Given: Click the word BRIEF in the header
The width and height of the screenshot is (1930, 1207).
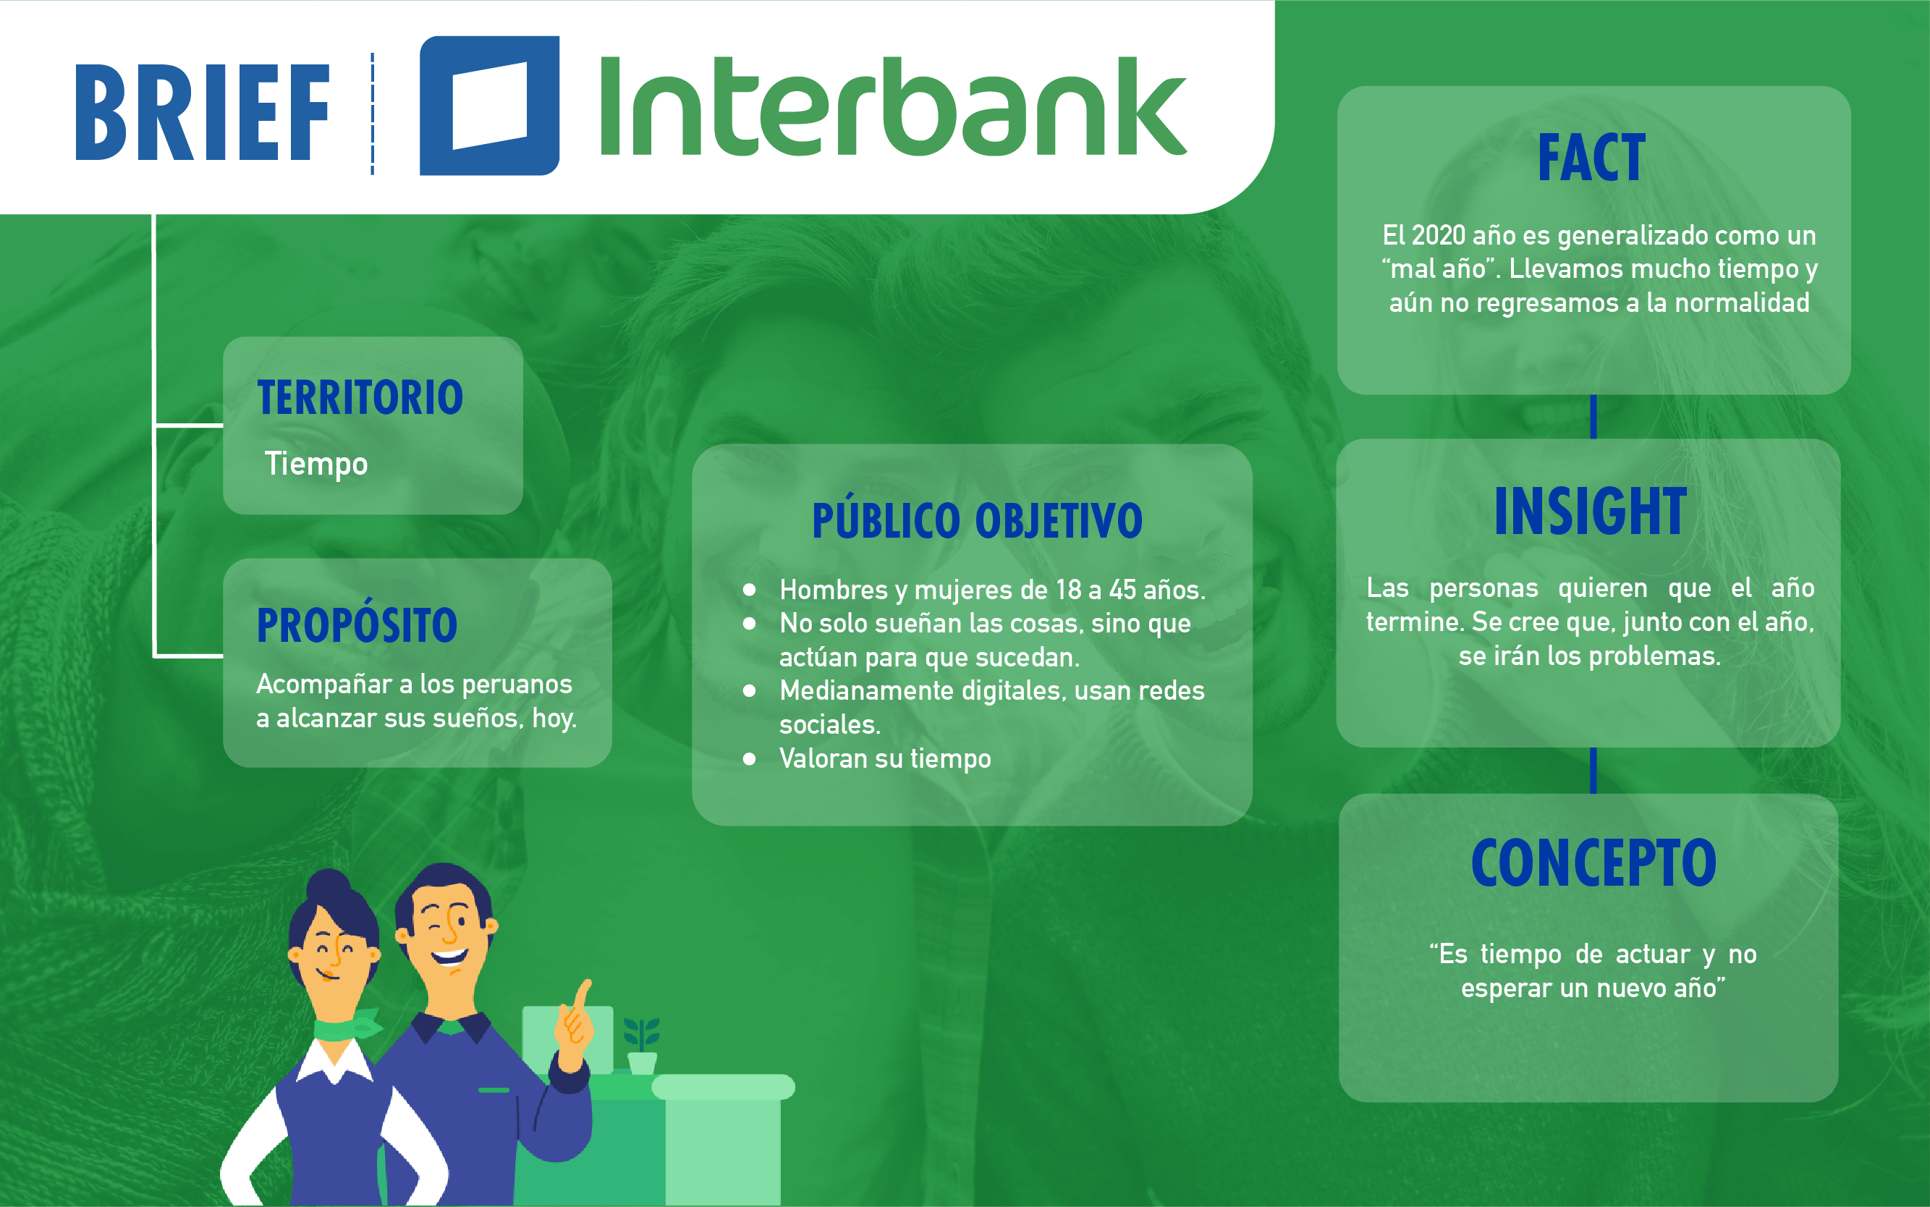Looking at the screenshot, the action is click(202, 113).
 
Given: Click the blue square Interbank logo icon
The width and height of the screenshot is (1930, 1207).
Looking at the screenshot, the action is click(489, 106).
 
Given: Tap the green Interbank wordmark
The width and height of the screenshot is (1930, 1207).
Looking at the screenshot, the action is click(893, 106).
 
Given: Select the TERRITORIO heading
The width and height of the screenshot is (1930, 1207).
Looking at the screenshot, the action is click(360, 397).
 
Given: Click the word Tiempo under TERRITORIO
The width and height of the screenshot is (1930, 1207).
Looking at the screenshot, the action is click(316, 464).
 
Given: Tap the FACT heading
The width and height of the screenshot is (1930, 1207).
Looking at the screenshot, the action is click(1591, 158).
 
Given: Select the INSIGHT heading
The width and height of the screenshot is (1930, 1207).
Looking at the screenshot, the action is click(1591, 511).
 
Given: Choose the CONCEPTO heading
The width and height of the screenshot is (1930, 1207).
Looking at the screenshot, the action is click(1593, 863).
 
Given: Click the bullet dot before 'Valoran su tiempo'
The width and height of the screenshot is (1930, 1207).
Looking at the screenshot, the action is click(749, 758).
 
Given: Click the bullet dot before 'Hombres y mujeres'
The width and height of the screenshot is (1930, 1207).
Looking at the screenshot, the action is click(749, 590).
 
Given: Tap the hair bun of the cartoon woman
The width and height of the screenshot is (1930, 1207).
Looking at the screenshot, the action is click(329, 886).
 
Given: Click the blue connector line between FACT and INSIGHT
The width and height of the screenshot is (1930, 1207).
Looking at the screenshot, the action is click(1593, 417).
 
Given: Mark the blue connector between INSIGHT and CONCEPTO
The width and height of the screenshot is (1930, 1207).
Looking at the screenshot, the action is click(1593, 771).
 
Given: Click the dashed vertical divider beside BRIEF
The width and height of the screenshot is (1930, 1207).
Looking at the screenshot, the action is click(372, 114).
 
